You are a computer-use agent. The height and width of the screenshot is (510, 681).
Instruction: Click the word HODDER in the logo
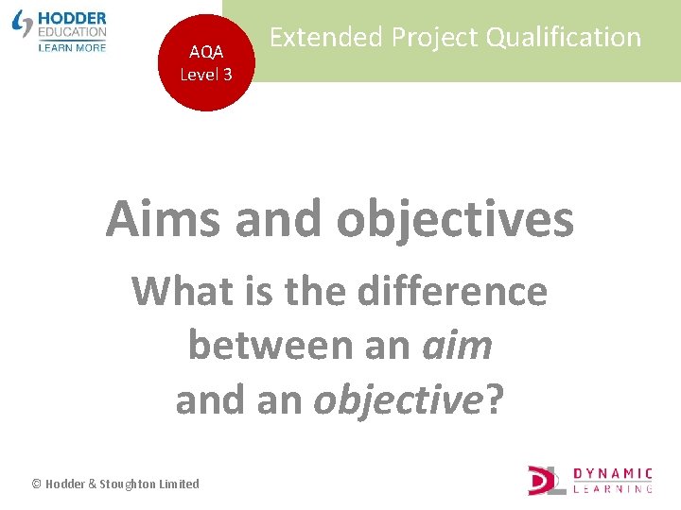click(72, 18)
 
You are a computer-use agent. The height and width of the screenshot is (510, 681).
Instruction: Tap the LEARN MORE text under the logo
click(72, 46)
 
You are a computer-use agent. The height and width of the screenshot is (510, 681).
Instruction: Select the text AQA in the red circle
click(206, 53)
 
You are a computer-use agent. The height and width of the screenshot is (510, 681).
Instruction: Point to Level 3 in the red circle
click(206, 74)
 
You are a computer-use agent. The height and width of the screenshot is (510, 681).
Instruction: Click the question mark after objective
click(495, 400)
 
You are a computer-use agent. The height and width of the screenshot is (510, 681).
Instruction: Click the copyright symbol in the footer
click(37, 484)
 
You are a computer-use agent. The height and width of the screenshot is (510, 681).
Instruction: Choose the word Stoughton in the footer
click(127, 484)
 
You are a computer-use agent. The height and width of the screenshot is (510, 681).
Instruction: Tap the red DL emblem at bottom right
click(547, 480)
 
